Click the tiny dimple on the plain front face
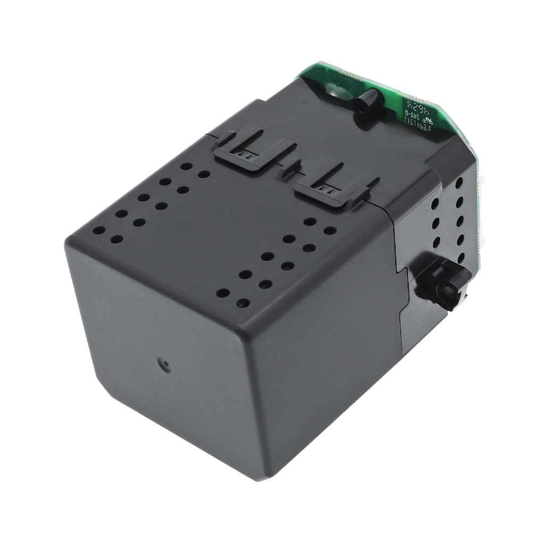pyautogui.click(x=167, y=365)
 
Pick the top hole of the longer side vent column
pyautogui.click(x=459, y=183)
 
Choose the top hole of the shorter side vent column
pyautogui.click(x=435, y=203)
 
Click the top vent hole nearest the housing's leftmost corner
pyautogui.click(x=99, y=231)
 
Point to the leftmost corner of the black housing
pyautogui.click(x=66, y=242)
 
